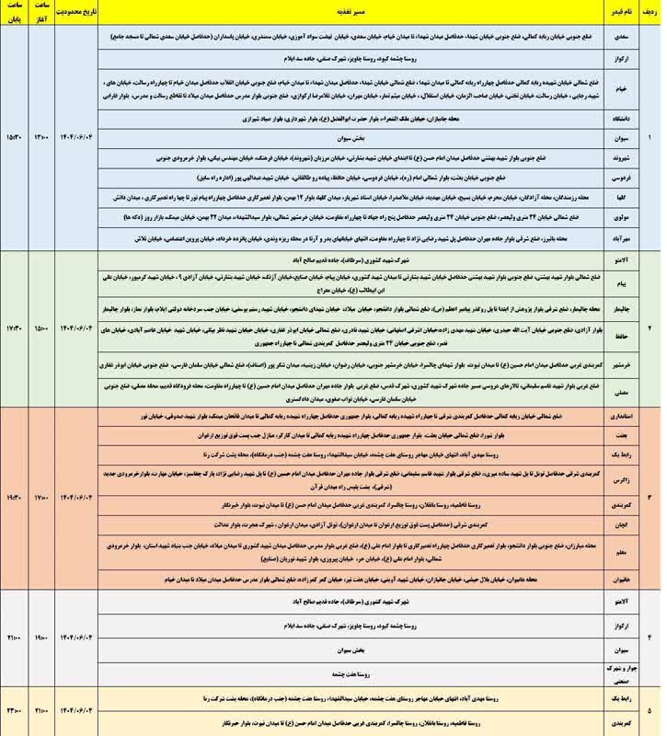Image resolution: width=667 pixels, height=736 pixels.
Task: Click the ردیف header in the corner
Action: coord(649,14)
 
